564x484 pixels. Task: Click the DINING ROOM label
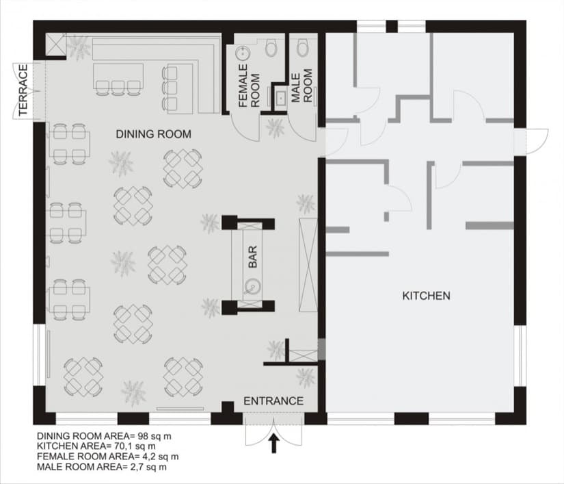[x=154, y=134]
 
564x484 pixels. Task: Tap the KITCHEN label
[x=426, y=296]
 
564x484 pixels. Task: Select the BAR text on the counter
[x=253, y=257]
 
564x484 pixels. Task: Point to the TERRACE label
[x=23, y=90]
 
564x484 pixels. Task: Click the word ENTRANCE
[x=273, y=401]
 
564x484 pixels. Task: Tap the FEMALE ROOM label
[x=250, y=86]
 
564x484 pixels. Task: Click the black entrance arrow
[x=274, y=443]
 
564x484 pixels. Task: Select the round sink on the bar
[x=252, y=287]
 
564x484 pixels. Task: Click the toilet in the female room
[x=271, y=48]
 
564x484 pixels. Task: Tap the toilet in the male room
[x=303, y=48]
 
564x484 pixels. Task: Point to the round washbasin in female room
[x=243, y=53]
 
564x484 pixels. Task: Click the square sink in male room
[x=280, y=97]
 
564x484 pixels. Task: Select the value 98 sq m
[x=155, y=436]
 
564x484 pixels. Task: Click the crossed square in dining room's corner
[x=55, y=44]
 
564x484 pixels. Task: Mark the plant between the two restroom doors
[x=276, y=128]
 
